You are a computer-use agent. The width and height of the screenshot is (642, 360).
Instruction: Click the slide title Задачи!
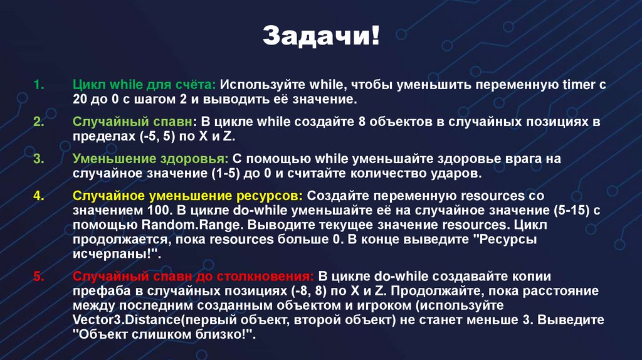[320, 35]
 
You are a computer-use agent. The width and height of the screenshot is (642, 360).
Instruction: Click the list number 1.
[36, 85]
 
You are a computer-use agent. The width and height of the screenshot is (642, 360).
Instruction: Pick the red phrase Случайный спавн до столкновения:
[193, 276]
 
